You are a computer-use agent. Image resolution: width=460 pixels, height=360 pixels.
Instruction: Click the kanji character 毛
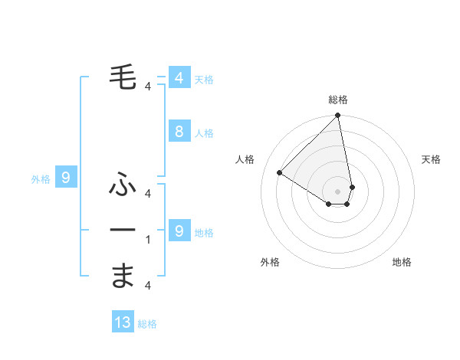coord(123,77)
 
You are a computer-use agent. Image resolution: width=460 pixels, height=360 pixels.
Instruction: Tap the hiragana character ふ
coord(123,185)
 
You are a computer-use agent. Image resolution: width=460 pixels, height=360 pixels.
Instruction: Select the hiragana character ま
coord(123,276)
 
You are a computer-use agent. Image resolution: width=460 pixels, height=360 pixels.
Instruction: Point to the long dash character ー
coord(123,230)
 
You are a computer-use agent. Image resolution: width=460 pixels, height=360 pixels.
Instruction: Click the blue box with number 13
coord(123,322)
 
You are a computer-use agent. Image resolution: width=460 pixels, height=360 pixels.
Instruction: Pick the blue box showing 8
coord(179,132)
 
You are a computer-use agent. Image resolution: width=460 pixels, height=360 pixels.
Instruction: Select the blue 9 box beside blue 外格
coord(66,178)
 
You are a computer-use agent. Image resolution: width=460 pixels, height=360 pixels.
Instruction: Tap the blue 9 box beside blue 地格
coord(179,231)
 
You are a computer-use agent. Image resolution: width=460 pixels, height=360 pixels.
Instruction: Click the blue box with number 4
coord(179,78)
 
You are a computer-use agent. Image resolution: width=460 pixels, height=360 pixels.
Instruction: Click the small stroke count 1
coord(148,240)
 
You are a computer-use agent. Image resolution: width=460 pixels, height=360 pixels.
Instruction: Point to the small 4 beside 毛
coord(148,87)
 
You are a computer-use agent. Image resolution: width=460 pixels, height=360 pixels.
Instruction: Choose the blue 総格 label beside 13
coord(147,324)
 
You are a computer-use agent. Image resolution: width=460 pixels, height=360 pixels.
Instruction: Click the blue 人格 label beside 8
coord(204,133)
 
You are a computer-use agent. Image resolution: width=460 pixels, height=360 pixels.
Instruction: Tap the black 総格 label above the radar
coord(338,100)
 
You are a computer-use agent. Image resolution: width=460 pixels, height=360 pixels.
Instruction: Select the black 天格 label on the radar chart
coord(432,159)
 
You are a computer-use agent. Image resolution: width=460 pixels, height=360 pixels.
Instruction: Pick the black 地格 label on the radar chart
coord(402,263)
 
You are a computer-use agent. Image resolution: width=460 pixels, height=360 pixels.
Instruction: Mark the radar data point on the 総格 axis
coord(338,116)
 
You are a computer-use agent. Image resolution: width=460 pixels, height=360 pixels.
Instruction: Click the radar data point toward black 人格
coord(280,173)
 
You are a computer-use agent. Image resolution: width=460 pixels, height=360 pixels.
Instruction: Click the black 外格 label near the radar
coord(270,263)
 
